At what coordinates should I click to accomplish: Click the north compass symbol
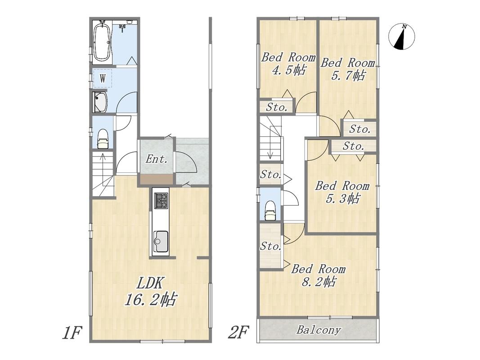(x=402, y=36)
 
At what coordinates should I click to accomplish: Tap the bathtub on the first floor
(x=102, y=42)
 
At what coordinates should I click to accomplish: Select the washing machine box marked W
(x=103, y=78)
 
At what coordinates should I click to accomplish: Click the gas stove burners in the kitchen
(x=161, y=201)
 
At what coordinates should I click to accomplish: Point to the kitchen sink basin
(x=161, y=241)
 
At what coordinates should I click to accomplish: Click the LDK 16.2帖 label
(x=151, y=291)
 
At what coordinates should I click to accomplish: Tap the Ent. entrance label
(x=157, y=159)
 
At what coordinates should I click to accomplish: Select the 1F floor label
(x=72, y=333)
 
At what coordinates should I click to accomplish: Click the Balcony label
(x=319, y=330)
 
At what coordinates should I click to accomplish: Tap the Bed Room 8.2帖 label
(x=319, y=275)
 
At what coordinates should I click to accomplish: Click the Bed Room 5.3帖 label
(x=342, y=192)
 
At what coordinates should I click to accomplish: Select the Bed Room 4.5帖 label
(x=288, y=63)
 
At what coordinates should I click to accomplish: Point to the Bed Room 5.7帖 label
(x=348, y=69)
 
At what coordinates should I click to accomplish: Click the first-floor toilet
(x=103, y=139)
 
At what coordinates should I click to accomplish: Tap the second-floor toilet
(x=270, y=211)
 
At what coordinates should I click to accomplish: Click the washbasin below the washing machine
(x=100, y=102)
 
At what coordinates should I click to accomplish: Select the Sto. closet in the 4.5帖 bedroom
(x=277, y=107)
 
